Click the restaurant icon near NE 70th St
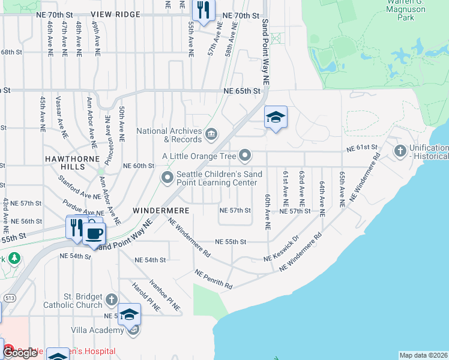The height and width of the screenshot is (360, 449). (x=203, y=10)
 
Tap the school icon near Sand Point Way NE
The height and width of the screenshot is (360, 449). (x=276, y=117)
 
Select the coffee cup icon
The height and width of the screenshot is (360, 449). (x=94, y=232)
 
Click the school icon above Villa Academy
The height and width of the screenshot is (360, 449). (x=129, y=314)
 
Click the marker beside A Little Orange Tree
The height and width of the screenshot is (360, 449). (x=245, y=156)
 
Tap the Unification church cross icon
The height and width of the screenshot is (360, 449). (x=400, y=150)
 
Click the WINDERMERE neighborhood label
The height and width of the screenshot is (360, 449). (x=161, y=211)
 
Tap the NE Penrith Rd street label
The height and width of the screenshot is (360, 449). (x=214, y=280)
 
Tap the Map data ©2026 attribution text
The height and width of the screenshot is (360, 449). (x=423, y=355)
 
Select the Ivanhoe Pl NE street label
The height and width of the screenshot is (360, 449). (x=165, y=295)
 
